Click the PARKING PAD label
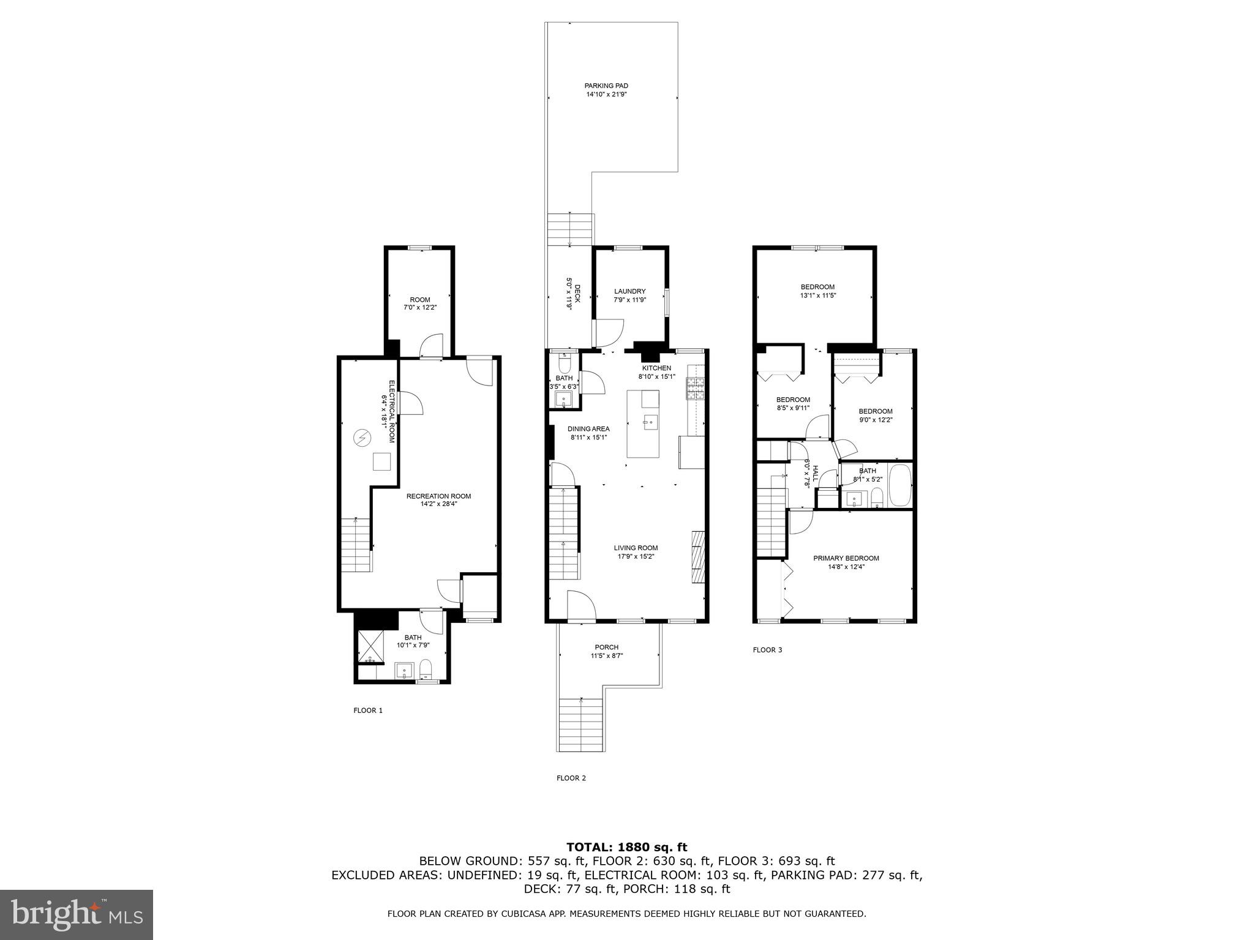[x=606, y=86]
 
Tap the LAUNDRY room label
[x=629, y=291]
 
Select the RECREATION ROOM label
[x=438, y=496]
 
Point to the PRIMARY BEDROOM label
[x=846, y=558]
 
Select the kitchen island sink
[x=650, y=421]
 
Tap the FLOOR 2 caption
[x=571, y=778]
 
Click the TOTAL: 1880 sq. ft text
[x=626, y=848]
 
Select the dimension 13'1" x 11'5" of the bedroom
[x=818, y=296]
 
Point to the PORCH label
[x=606, y=647]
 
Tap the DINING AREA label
[x=588, y=429]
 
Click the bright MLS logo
[x=77, y=915]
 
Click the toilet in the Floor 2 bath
[x=565, y=365]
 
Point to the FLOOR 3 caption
[x=767, y=650]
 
